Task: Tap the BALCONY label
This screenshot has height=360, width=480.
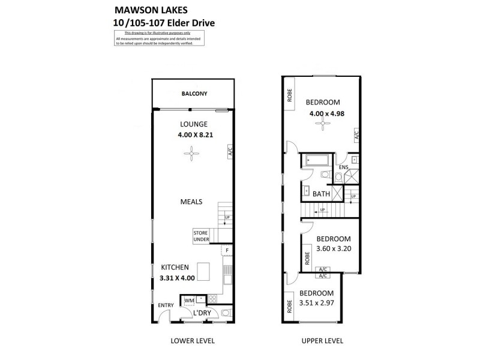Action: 194,94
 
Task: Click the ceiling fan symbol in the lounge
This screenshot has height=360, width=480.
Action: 191,155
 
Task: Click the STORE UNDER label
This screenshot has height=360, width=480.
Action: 201,236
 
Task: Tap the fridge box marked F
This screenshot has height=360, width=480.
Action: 227,251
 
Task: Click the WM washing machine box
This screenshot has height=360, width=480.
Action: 189,300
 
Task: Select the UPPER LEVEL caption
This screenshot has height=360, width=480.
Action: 323,341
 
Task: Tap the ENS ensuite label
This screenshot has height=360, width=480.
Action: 343,167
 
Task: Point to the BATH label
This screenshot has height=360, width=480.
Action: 321,194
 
